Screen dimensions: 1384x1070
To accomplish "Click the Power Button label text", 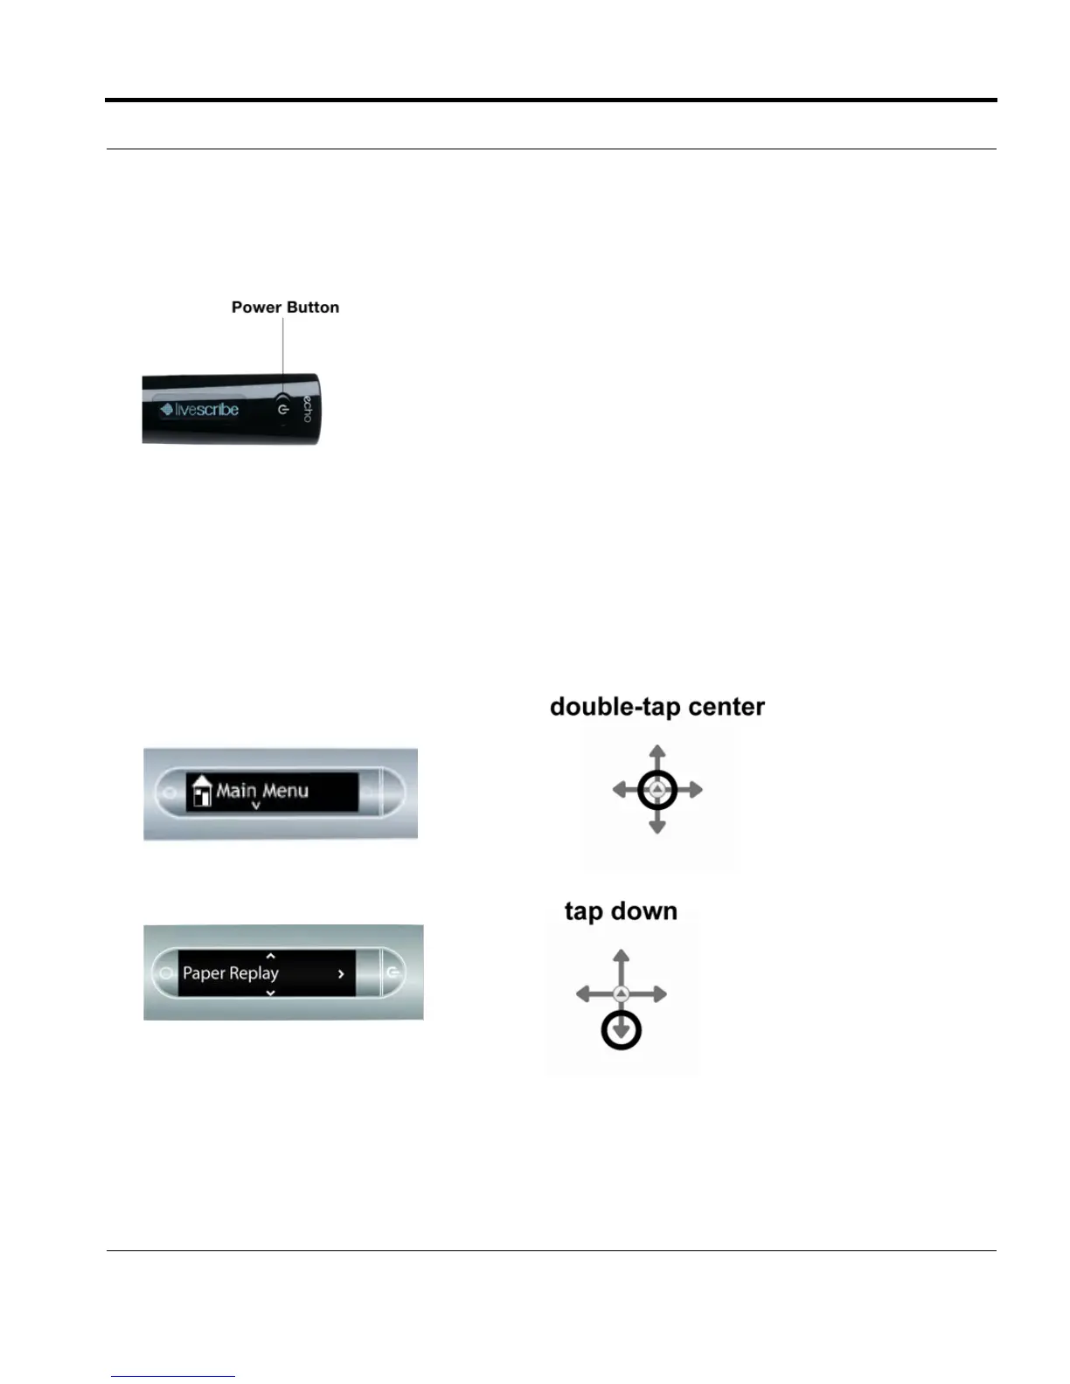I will coord(285,308).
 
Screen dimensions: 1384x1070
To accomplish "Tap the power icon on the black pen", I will coord(282,409).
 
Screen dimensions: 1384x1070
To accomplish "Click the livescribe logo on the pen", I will coord(200,410).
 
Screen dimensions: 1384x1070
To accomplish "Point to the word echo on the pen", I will coord(307,409).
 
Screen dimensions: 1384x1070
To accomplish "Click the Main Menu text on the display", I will coord(262,791).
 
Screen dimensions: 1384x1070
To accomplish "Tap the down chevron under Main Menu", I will coord(256,806).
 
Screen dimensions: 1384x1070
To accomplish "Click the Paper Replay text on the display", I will coord(231,972).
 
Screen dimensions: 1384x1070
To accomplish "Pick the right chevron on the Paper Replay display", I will coord(341,973).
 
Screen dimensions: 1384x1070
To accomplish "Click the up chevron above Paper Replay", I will coord(271,957).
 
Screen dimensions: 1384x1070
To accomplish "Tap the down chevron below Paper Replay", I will coord(271,993).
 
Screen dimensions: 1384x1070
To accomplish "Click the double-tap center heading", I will coord(657,707).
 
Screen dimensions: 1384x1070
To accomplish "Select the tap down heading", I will coord(621,911).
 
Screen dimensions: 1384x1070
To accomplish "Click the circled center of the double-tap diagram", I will coord(657,791).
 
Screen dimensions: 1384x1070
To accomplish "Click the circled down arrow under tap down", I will coord(622,1031).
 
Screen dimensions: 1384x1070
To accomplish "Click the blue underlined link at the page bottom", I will coord(173,1376).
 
